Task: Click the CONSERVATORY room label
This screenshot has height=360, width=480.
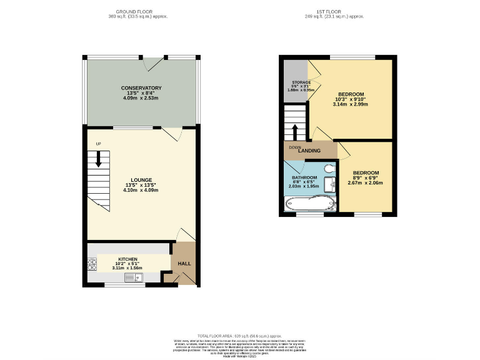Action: point(141,88)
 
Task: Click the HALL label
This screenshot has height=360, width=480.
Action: point(184,264)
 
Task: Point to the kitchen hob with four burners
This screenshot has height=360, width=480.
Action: point(92,264)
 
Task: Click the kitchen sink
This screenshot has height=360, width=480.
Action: point(134,277)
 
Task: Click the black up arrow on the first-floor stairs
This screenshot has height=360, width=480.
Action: point(295,132)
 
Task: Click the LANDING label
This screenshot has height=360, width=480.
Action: point(309,151)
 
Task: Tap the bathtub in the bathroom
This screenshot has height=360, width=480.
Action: point(310,204)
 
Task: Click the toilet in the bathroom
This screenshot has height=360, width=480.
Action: point(329,168)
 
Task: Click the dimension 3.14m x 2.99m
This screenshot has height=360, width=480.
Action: point(351,104)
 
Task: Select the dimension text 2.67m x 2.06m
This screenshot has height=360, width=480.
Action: point(365,183)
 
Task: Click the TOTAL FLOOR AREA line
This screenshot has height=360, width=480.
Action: point(240,336)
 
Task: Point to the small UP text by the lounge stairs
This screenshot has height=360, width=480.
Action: point(98,144)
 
